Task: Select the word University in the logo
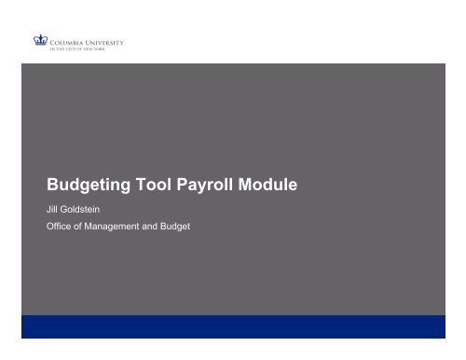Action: pyautogui.click(x=103, y=40)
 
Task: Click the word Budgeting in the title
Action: pyautogui.click(x=89, y=186)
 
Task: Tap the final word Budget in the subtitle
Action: pyautogui.click(x=178, y=227)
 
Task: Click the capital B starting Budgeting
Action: pyautogui.click(x=52, y=185)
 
